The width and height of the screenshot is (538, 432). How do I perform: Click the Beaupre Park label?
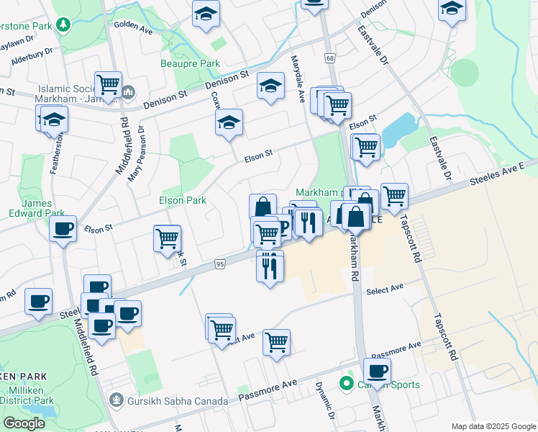[x=190, y=64]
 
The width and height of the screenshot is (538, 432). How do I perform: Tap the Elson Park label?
[x=183, y=200]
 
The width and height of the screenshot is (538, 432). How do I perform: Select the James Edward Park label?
[x=37, y=209]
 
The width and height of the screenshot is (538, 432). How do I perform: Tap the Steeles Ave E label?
[x=504, y=173]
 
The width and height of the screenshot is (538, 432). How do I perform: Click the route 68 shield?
[x=330, y=58]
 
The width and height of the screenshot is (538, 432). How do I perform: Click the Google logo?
[x=24, y=423]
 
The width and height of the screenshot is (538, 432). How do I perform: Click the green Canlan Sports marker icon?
[x=347, y=384]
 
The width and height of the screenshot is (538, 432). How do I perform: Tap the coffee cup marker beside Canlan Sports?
[x=376, y=372]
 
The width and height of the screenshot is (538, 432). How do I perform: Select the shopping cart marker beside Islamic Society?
[x=108, y=84]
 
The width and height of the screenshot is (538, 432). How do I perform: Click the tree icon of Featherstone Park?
[x=64, y=24]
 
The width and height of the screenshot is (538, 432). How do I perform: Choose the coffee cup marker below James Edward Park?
[x=63, y=230]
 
